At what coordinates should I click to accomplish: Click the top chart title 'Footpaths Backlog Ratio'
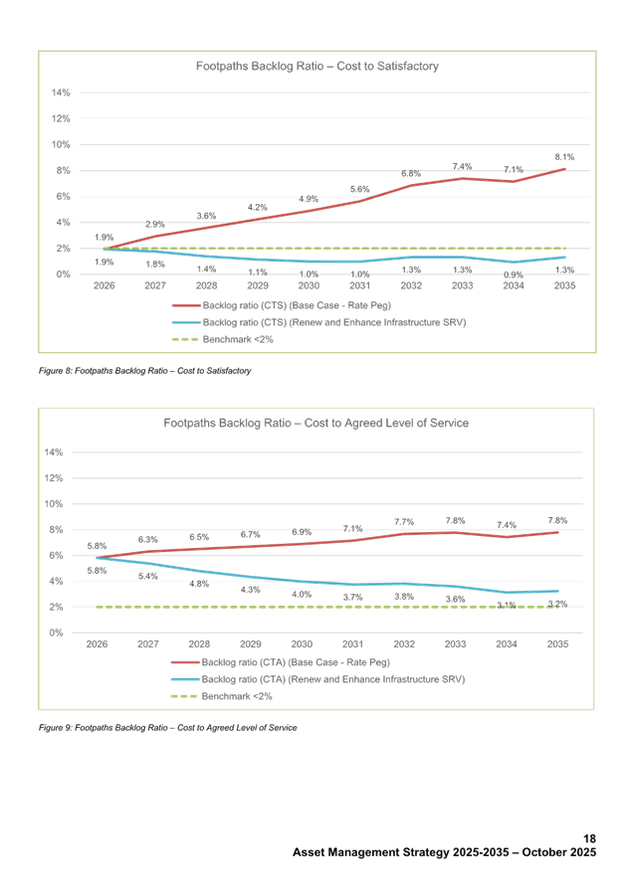[317, 67]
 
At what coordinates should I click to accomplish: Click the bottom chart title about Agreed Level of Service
[316, 423]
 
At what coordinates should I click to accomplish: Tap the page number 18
[589, 841]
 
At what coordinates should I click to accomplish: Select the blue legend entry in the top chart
[318, 322]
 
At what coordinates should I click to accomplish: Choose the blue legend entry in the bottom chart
[318, 678]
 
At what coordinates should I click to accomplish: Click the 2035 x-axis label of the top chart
[564, 284]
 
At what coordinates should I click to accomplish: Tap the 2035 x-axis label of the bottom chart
[557, 643]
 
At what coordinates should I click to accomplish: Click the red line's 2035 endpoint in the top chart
[564, 169]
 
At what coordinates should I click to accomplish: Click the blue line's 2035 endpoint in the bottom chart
[557, 591]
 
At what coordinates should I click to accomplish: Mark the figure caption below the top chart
[143, 370]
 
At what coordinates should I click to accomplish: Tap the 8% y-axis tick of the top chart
[62, 170]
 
